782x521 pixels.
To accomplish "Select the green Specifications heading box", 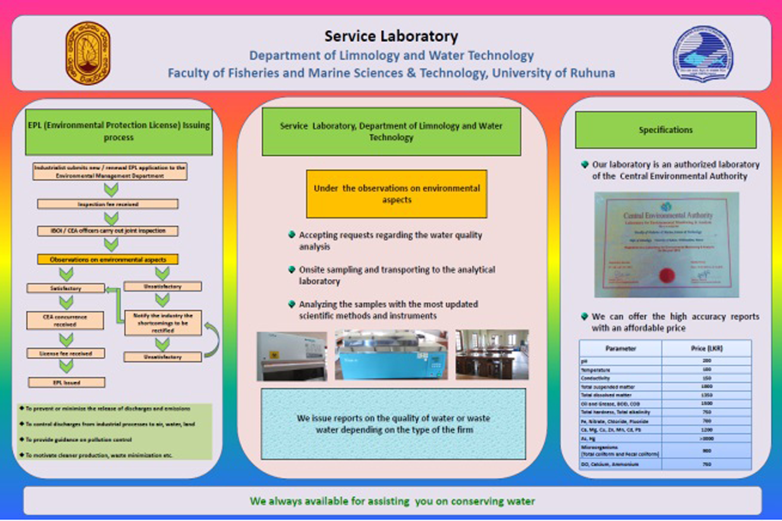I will click(666, 130).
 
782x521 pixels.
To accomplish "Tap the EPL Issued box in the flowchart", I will click(66, 383).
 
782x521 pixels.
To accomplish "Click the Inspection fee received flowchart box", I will click(108, 204).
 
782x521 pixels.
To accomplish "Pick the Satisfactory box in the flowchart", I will click(66, 288).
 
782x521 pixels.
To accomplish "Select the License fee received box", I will click(66, 353).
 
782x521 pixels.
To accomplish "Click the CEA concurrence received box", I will click(65, 320).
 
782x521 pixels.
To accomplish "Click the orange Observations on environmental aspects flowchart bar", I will click(108, 259).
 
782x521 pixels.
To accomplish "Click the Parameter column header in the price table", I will click(620, 348).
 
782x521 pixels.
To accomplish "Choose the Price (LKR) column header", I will click(707, 348).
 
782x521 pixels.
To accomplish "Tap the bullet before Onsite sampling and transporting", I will click(292, 269).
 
